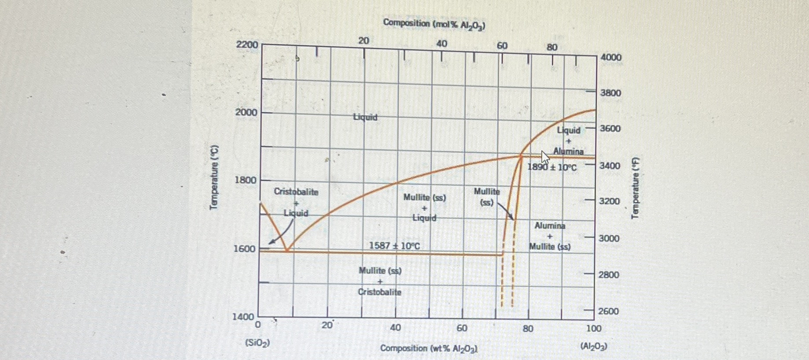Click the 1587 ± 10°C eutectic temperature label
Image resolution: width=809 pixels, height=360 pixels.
pos(394,246)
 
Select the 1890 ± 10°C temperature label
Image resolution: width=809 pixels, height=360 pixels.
pos(552,167)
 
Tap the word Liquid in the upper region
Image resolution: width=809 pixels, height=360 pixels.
pos(365,117)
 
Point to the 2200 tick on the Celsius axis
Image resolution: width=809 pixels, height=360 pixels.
pos(247,45)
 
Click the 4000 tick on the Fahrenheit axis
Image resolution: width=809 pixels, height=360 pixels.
pos(611,57)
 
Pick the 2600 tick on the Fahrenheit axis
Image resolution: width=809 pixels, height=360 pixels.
pos(609,311)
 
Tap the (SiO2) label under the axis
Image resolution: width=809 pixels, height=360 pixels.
pos(257,343)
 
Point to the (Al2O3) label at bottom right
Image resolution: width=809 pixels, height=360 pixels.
pos(593,346)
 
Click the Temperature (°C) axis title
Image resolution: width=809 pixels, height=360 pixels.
pos(214,177)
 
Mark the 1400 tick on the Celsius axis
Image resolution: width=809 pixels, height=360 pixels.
pos(243,316)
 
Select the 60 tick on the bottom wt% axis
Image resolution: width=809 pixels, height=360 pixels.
pos(462,328)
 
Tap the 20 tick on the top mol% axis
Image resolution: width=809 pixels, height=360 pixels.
pos(364,41)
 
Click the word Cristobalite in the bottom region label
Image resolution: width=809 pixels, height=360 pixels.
pos(379,292)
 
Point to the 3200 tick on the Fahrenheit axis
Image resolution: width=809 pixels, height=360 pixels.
pos(610,201)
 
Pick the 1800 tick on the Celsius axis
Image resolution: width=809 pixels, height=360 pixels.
pos(245,180)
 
